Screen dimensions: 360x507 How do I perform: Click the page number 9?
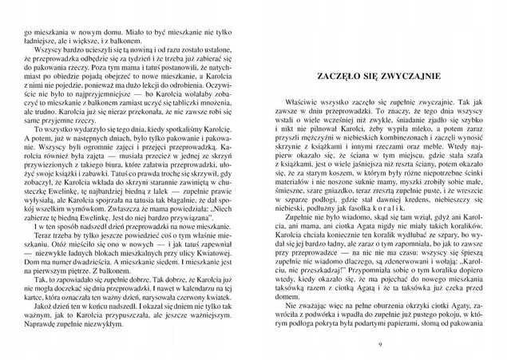tap(378, 343)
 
